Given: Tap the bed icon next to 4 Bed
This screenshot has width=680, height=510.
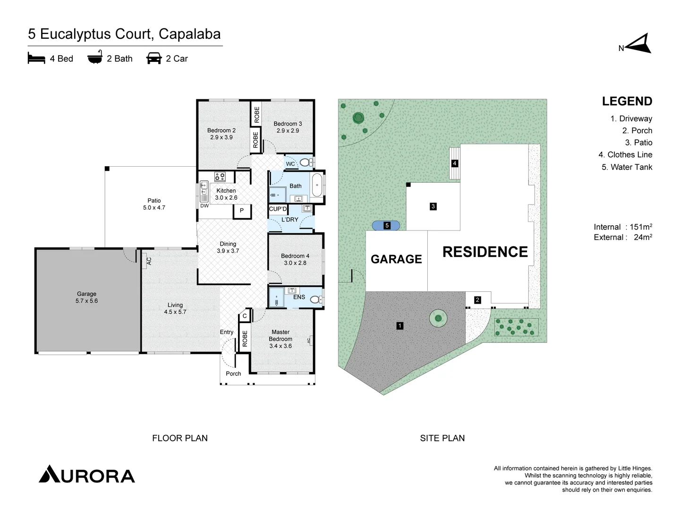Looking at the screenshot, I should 36,59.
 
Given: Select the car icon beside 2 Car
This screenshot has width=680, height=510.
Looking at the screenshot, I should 154,59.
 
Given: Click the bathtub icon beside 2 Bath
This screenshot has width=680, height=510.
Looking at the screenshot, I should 95,58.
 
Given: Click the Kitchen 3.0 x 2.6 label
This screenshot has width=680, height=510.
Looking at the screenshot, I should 226,194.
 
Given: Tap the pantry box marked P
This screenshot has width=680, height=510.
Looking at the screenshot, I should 242,211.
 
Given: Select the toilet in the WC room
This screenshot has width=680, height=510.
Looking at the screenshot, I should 305,163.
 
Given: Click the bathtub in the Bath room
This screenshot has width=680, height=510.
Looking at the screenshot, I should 317,185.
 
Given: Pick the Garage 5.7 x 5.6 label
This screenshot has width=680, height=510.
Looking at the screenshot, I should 86,297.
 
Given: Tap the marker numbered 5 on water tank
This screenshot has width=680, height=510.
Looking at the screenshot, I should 387,225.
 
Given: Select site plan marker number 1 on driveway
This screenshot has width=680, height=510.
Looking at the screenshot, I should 400,325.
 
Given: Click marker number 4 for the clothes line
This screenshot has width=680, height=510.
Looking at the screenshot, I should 455,163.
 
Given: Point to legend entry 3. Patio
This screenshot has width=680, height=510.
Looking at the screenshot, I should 638,143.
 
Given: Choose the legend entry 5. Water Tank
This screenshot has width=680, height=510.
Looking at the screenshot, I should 627,167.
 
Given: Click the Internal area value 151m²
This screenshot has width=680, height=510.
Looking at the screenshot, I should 641,227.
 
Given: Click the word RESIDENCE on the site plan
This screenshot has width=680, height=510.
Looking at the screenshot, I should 485,252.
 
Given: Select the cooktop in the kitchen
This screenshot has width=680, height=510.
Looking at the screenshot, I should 220,177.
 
